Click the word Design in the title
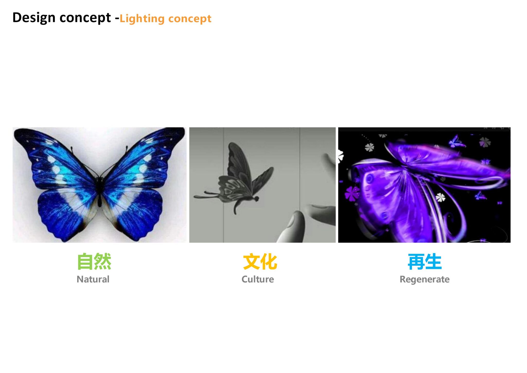pos(34,18)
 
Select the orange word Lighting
pos(142,19)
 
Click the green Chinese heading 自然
pos(94,261)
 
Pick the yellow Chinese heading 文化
pos(260,262)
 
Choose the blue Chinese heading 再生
pos(425,262)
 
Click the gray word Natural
pos(93,279)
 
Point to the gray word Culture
pos(258,279)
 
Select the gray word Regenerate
pos(425,280)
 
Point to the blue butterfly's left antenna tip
pos(72,148)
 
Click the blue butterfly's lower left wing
pos(64,214)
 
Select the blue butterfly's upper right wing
pos(144,160)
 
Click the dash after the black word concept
pos(117,19)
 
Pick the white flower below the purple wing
pos(440,198)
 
